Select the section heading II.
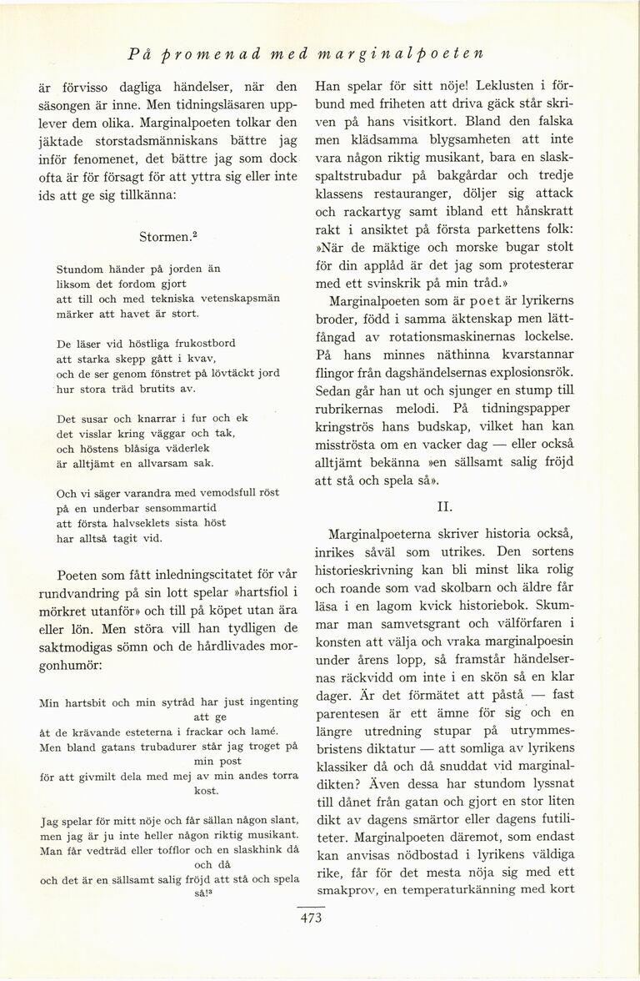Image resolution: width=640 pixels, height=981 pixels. coord(446,506)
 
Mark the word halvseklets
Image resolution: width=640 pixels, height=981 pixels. coord(143,523)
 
